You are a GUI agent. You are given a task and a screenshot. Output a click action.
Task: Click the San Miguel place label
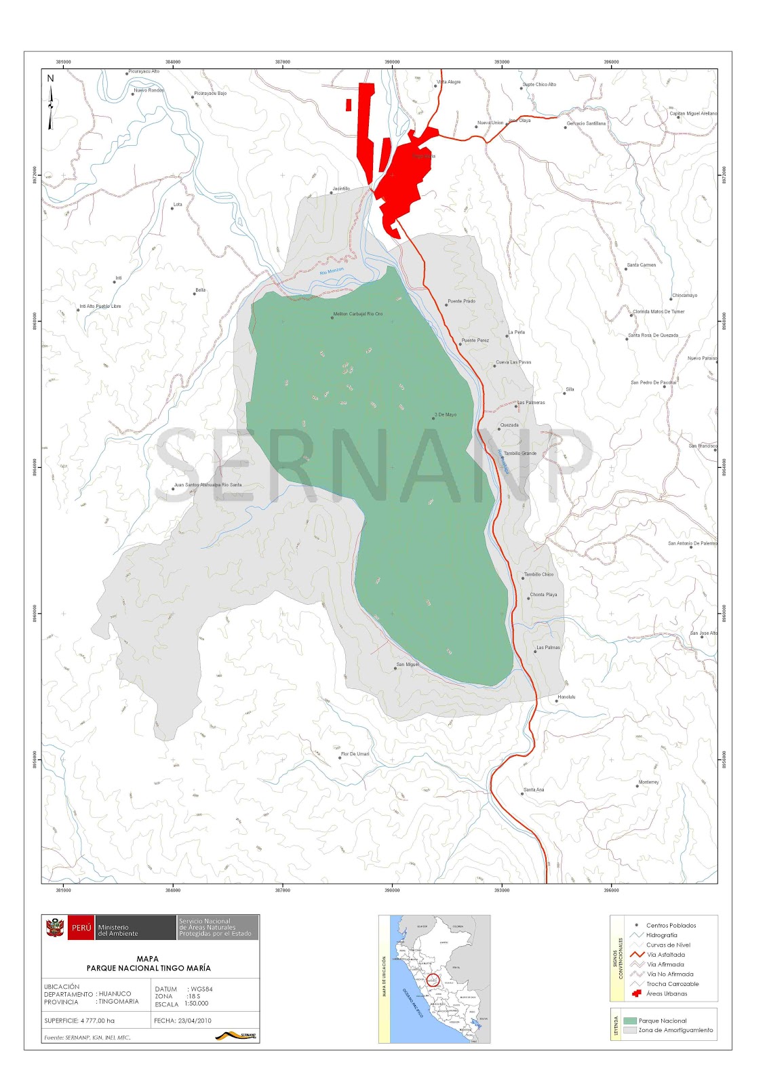pos(408,665)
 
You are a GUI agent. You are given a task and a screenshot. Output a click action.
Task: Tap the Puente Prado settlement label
pos(462,301)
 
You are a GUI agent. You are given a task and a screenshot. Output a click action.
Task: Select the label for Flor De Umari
pos(355,754)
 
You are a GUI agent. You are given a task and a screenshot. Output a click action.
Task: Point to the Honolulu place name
pos(566,697)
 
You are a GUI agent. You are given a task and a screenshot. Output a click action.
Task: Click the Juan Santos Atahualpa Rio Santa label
pos(208,485)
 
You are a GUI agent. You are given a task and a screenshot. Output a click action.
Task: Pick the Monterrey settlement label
pos(648,782)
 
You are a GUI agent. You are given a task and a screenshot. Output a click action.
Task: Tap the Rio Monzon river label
pos(332,271)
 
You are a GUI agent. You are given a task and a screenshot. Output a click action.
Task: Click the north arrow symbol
pos(51,102)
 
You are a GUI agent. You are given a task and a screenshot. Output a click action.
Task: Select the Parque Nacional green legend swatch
pos(629,1021)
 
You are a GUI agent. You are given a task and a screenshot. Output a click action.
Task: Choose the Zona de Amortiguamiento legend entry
pos(675,1030)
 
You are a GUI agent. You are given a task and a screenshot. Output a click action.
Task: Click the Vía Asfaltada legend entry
pos(665,955)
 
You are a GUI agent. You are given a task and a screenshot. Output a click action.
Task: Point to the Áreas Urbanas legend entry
pos(667,993)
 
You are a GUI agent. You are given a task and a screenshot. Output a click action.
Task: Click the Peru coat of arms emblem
pos(55,927)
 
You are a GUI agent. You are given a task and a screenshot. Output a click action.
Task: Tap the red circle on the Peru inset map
pos(433,980)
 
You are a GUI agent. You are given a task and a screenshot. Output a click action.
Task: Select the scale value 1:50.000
pos(196,1003)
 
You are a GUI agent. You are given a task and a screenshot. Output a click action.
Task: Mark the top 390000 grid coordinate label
pos(392,62)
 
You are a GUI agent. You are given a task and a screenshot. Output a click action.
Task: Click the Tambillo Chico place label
pos(538,574)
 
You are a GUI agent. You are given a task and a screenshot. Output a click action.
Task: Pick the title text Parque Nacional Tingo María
pos(149,968)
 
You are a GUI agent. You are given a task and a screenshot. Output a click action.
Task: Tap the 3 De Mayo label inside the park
pos(446,414)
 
